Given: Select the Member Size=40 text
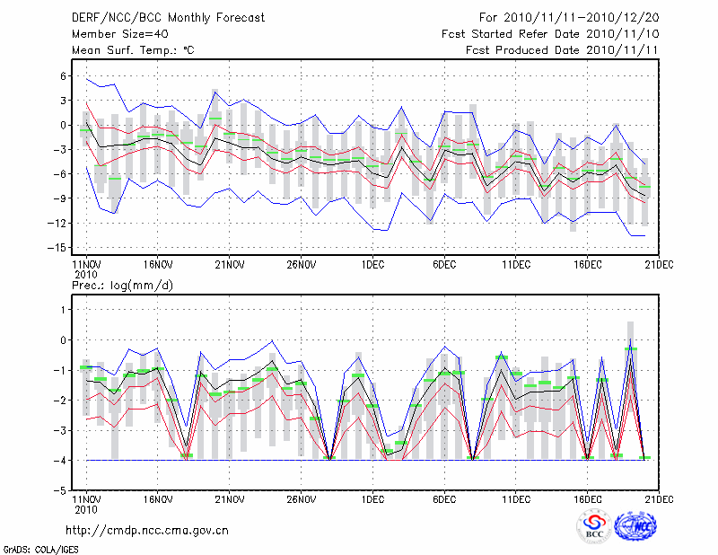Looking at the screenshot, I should click(118, 34).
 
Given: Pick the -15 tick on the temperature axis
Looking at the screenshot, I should click(60, 247).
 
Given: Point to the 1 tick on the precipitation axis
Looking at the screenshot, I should click(65, 309).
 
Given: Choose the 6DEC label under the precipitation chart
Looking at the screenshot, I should click(444, 499).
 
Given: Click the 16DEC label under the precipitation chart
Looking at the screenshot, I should click(588, 499).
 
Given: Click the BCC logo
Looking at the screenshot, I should click(594, 526).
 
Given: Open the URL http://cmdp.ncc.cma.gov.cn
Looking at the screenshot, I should click(148, 530).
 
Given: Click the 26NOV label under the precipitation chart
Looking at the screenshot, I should click(302, 499).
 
